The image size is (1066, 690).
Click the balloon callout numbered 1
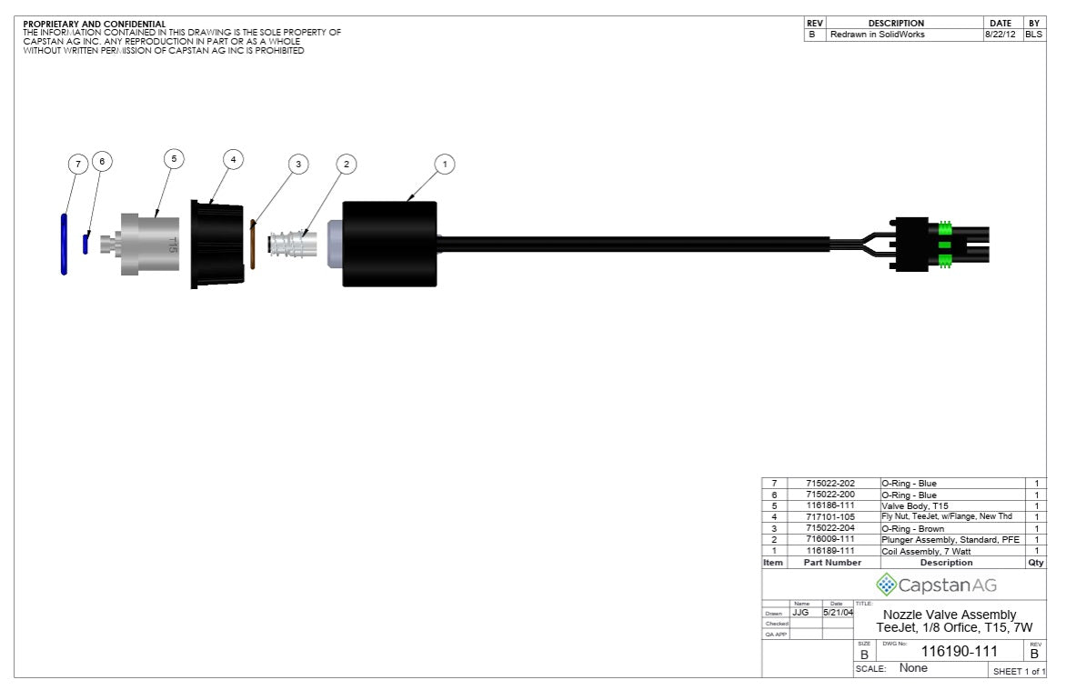click(x=444, y=165)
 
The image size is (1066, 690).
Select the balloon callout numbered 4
click(x=234, y=159)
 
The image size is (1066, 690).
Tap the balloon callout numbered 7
click(x=79, y=165)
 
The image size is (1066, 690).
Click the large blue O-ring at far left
click(x=64, y=244)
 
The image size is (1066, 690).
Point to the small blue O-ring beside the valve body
click(x=85, y=244)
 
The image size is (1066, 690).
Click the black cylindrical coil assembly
click(x=389, y=244)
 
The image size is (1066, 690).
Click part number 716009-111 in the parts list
click(x=830, y=539)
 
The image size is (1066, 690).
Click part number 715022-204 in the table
click(x=830, y=528)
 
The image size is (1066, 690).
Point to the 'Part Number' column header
click(x=831, y=563)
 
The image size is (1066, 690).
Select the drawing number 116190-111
click(x=959, y=652)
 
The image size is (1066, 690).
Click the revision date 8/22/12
click(x=1001, y=35)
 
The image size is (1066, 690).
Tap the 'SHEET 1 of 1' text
click(x=1018, y=671)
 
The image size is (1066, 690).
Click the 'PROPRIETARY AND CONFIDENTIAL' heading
click(x=94, y=24)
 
